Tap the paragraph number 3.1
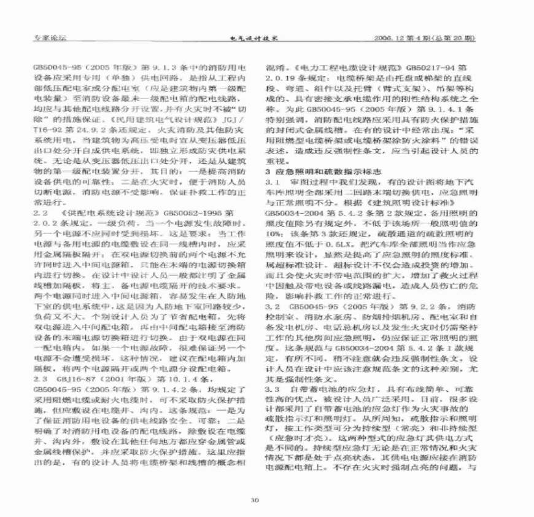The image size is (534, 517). click(x=272, y=182)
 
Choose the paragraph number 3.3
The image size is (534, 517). click(x=272, y=390)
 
